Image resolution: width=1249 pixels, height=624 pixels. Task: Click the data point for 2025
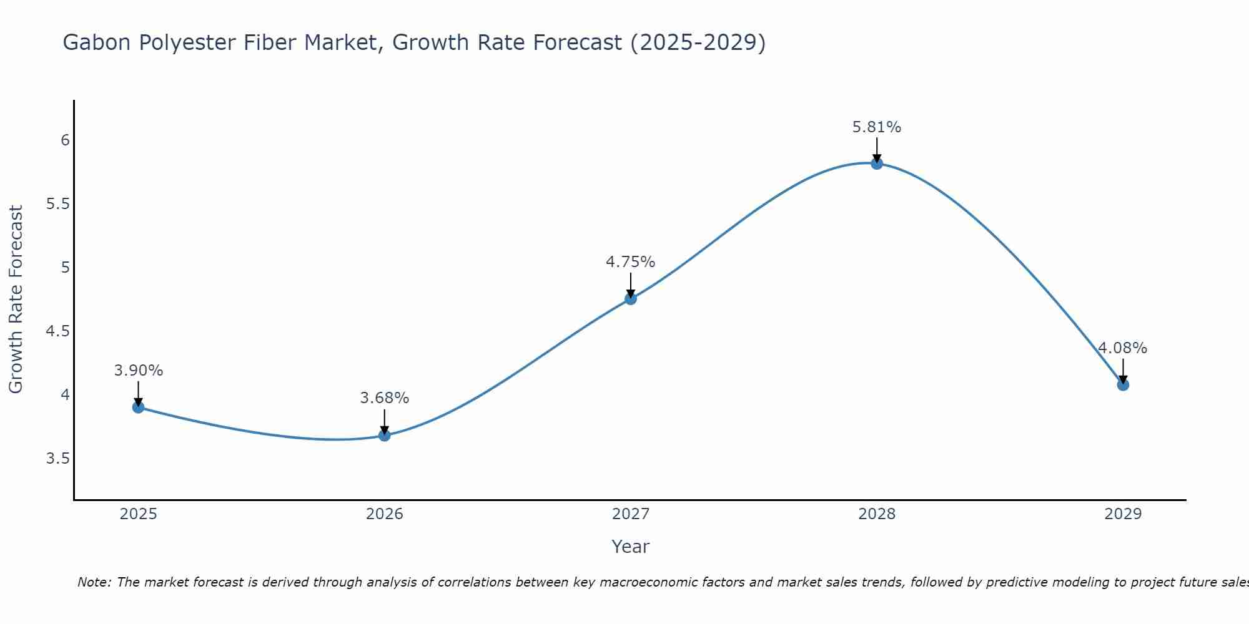pos(138,407)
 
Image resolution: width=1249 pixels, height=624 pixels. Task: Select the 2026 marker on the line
pos(385,435)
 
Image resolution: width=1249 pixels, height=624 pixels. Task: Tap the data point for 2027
pos(631,299)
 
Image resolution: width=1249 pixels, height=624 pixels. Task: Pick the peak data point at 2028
pos(877,163)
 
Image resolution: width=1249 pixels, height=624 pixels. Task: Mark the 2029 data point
pos(1123,385)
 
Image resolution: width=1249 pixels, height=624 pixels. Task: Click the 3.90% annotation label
pos(138,371)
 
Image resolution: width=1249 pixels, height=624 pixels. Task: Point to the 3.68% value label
pos(385,398)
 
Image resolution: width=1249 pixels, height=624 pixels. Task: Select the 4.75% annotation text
pos(631,262)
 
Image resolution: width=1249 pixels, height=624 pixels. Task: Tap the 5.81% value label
pos(877,127)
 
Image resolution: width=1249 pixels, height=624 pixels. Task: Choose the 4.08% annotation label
pos(1123,348)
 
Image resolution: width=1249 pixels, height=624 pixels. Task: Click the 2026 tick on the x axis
pos(385,514)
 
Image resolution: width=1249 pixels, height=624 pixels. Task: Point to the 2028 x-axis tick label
pos(877,514)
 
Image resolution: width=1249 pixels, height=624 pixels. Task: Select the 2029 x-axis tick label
pos(1123,514)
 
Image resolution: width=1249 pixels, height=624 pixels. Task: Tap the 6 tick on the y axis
pos(65,140)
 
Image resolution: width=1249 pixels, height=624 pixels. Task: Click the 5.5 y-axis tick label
pos(58,204)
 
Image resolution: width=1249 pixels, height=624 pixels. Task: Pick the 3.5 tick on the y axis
pos(58,459)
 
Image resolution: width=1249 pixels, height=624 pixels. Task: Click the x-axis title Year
pos(631,547)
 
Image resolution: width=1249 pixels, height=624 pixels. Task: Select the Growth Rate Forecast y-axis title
pos(16,300)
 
